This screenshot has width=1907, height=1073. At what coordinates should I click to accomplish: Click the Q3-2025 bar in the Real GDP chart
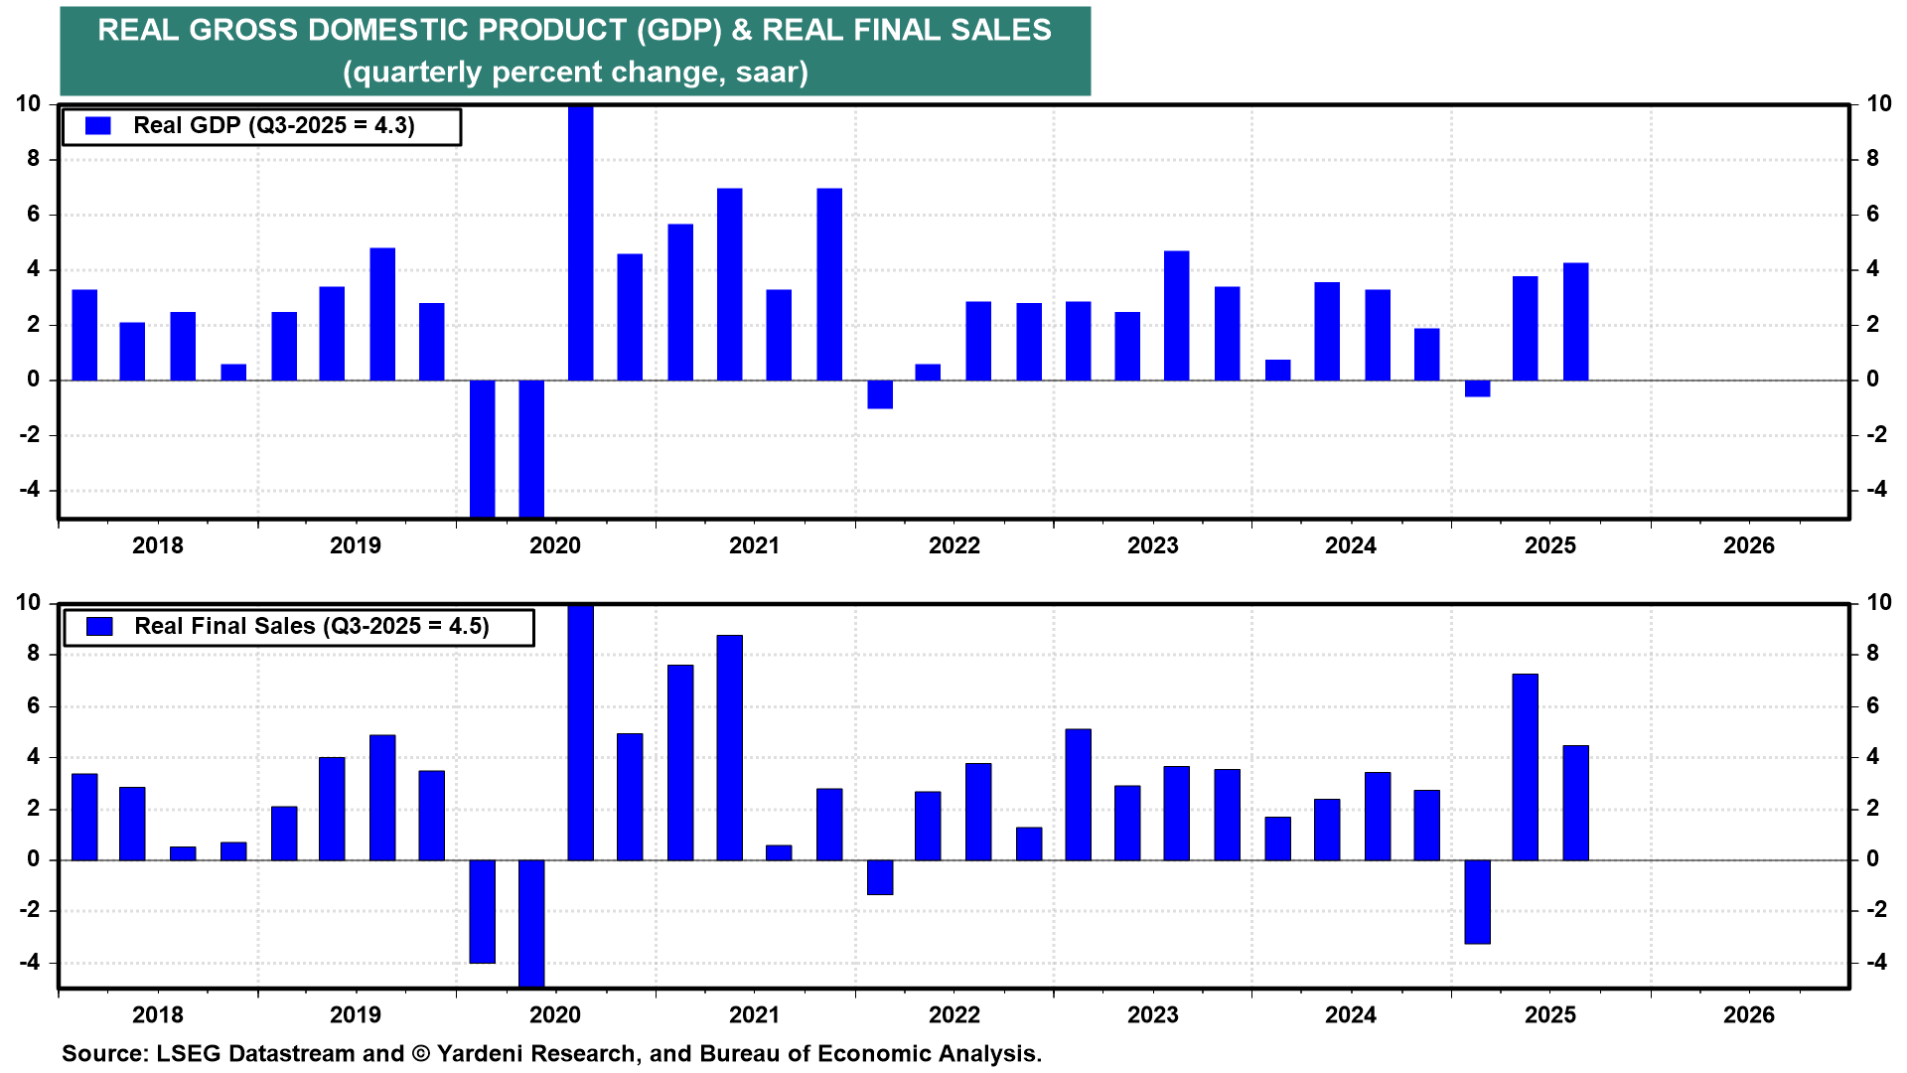[1575, 322]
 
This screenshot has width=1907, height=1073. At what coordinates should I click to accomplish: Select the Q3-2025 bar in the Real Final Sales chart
[1575, 803]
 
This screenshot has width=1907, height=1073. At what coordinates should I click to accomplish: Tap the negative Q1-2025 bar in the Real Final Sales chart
[1477, 901]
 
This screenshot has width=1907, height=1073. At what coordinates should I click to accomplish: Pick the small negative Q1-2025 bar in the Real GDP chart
[1477, 388]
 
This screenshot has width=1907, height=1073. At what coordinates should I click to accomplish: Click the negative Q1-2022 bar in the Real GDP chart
[880, 394]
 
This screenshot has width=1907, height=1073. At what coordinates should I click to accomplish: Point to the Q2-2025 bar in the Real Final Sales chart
[1526, 767]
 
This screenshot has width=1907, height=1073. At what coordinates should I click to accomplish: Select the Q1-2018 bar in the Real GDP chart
[85, 335]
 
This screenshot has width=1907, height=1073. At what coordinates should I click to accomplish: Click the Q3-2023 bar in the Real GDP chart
[1177, 316]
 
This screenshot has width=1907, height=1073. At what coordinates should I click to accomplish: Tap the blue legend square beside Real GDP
[98, 126]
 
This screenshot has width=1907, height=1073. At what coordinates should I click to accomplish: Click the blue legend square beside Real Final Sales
[99, 627]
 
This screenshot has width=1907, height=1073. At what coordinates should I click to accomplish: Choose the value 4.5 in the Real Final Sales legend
[467, 627]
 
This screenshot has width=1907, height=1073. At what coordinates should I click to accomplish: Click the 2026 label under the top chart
[1748, 545]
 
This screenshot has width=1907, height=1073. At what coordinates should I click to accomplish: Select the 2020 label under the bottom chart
[555, 1014]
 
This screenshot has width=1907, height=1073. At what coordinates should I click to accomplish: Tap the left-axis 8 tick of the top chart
[34, 159]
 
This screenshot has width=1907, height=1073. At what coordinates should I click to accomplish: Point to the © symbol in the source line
[420, 1054]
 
